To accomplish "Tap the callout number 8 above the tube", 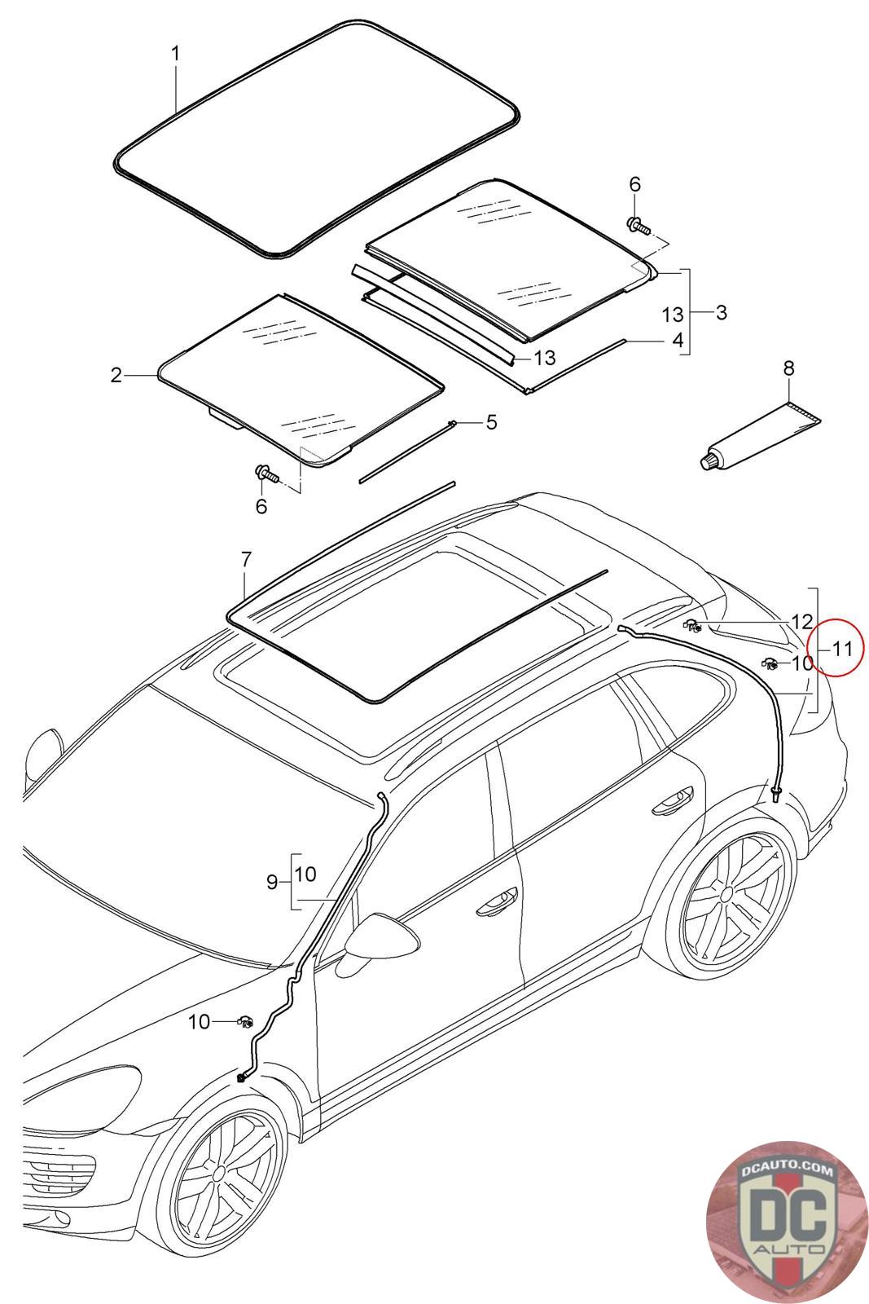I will click(788, 368).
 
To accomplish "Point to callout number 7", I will click(246, 560).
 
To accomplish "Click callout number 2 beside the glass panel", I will click(116, 375).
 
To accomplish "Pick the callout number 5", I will click(491, 421).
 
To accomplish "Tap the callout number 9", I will click(273, 882).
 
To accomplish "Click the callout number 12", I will click(802, 621).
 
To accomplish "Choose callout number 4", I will click(678, 340).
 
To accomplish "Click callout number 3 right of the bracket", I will click(721, 312).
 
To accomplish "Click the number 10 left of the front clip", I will click(200, 1021).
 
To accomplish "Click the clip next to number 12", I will click(693, 626).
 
